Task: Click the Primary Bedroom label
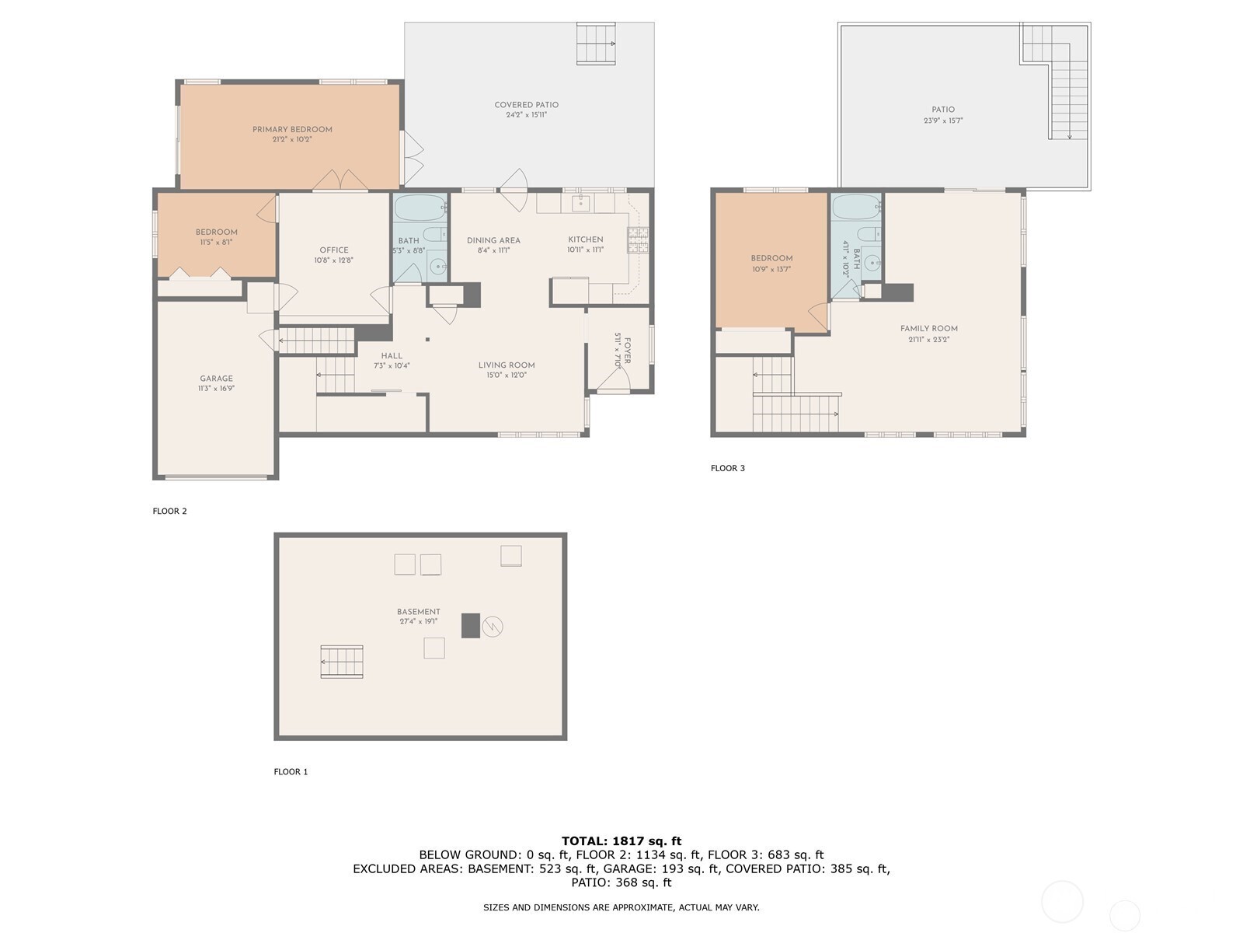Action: click(x=292, y=129)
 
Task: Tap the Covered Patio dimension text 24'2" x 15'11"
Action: click(x=526, y=115)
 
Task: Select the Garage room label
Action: click(x=216, y=379)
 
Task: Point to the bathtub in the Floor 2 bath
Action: click(x=420, y=208)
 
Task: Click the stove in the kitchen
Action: click(x=638, y=240)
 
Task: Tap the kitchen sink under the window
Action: click(x=580, y=204)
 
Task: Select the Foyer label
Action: click(x=626, y=350)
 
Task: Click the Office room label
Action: click(x=334, y=250)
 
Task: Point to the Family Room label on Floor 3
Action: click(x=928, y=328)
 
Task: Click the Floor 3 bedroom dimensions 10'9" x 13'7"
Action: click(x=771, y=269)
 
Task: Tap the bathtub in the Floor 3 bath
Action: click(x=856, y=208)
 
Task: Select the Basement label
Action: click(x=418, y=612)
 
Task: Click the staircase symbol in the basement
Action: click(x=342, y=662)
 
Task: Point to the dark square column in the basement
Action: click(x=470, y=626)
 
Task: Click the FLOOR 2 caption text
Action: click(x=169, y=511)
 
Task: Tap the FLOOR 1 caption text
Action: click(x=291, y=771)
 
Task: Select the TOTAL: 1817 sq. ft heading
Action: click(x=621, y=840)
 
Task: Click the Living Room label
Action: click(x=506, y=365)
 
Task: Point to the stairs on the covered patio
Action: click(x=596, y=44)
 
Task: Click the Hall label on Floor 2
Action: click(x=392, y=355)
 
